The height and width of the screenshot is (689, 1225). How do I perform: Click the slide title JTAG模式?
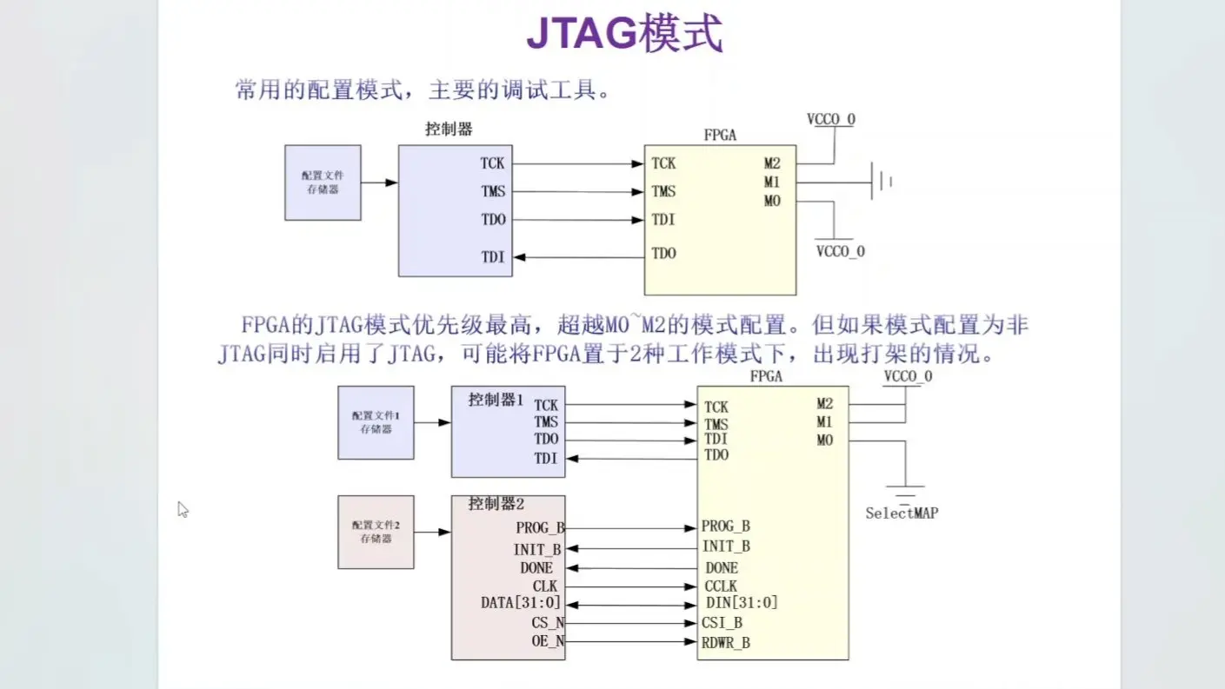(x=624, y=34)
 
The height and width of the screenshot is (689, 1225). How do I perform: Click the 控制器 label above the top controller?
(x=449, y=129)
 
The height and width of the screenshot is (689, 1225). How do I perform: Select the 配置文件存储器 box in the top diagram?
(x=323, y=182)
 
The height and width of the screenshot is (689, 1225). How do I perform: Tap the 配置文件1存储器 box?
(x=376, y=422)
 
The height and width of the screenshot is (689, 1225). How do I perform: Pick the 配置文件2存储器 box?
(x=376, y=532)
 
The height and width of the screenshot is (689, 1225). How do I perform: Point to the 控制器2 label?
(x=496, y=504)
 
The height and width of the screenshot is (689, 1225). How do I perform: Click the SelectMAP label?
(x=902, y=513)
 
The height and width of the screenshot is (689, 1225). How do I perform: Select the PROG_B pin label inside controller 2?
(x=540, y=527)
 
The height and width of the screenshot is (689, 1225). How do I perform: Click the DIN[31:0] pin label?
(x=742, y=603)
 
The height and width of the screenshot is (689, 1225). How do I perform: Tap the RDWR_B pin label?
(x=726, y=643)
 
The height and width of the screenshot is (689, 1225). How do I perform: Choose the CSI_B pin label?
(x=722, y=623)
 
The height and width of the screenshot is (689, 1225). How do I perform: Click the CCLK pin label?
(x=721, y=586)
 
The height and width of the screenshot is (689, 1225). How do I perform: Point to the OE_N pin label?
(x=548, y=642)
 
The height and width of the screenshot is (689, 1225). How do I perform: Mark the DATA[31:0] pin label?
(x=521, y=603)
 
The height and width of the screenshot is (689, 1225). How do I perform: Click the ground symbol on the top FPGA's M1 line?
(x=882, y=182)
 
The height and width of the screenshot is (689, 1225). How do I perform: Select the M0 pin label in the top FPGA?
(x=772, y=202)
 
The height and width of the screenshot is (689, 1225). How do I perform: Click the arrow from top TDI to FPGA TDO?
(x=577, y=257)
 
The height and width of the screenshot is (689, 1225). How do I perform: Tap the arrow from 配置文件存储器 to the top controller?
(x=379, y=182)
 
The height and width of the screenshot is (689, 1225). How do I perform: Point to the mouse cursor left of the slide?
(x=183, y=510)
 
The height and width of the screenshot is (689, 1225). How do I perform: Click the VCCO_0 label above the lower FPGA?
(x=908, y=376)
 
